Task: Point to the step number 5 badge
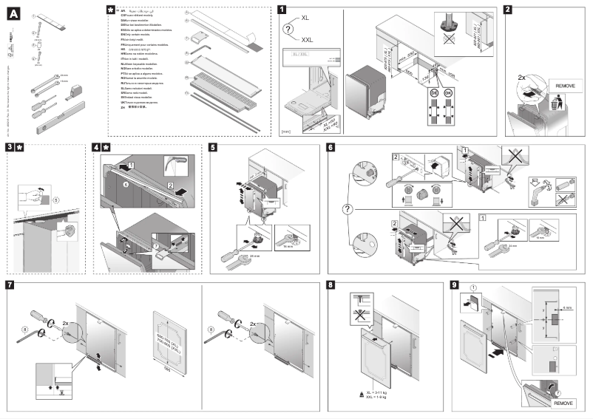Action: (x=213, y=148)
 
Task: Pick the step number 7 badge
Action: (x=9, y=285)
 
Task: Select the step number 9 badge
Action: (x=455, y=285)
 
